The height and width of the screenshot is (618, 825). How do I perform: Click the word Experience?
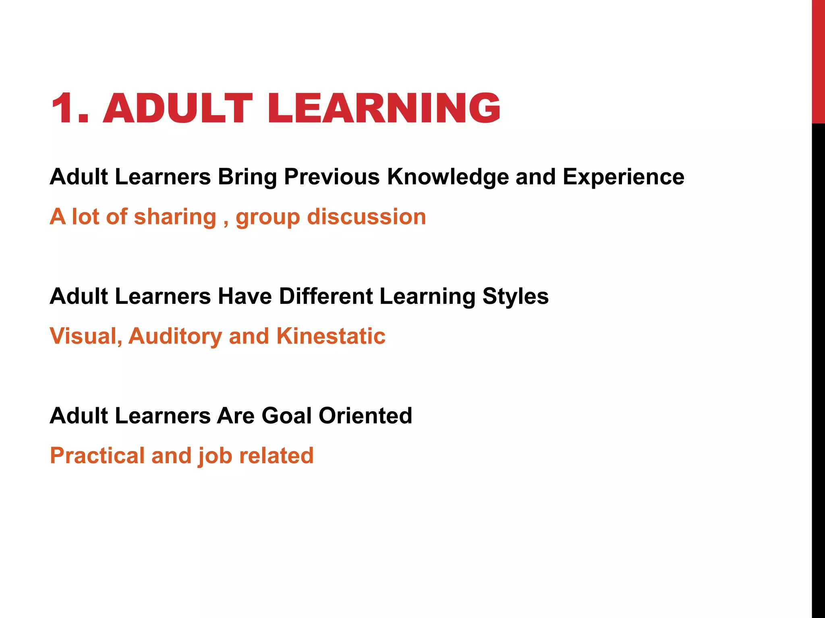[623, 177]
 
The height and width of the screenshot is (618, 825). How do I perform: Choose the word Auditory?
[175, 337]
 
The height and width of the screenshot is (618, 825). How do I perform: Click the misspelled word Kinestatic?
[331, 336]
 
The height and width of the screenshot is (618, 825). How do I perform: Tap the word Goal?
[286, 416]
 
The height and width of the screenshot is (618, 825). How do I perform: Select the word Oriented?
[365, 416]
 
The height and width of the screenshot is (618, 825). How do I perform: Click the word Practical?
[97, 455]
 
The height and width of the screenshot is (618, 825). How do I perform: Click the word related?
[276, 455]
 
